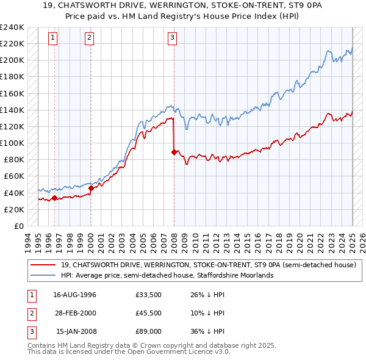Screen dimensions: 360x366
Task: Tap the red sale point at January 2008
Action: pos(174,152)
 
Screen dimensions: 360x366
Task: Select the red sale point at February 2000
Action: pos(91,188)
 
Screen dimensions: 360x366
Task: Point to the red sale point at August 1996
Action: pos(55,198)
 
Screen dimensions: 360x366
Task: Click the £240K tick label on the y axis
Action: pos(12,27)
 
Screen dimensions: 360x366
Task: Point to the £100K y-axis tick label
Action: pos(12,143)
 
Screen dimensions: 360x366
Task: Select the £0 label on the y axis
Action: pos(18,226)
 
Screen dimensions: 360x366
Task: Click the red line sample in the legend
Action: pos(44,265)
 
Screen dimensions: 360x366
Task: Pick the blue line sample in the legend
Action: pos(44,275)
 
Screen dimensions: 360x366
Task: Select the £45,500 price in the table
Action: pos(149,314)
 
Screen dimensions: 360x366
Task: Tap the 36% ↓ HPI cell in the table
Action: pos(208,332)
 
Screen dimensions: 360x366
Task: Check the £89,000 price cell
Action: pos(149,332)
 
